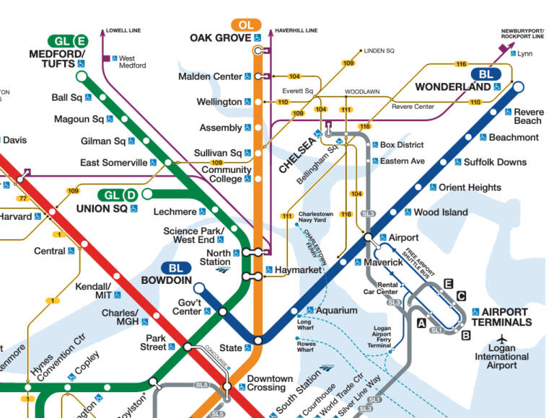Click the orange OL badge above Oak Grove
pyautogui.click(x=245, y=25)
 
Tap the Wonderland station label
pyautogui.click(x=454, y=87)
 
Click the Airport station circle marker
pyautogui.click(x=368, y=237)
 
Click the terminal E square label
pyautogui.click(x=448, y=283)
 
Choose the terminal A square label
pyautogui.click(x=421, y=324)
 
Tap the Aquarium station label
pyautogui.click(x=337, y=311)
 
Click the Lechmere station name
pyautogui.click(x=175, y=212)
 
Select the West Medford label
pyautogui.click(x=132, y=61)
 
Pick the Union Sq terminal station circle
pyautogui.click(x=147, y=194)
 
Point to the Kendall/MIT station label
pyautogui.click(x=93, y=290)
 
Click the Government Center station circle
pyautogui.click(x=223, y=311)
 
